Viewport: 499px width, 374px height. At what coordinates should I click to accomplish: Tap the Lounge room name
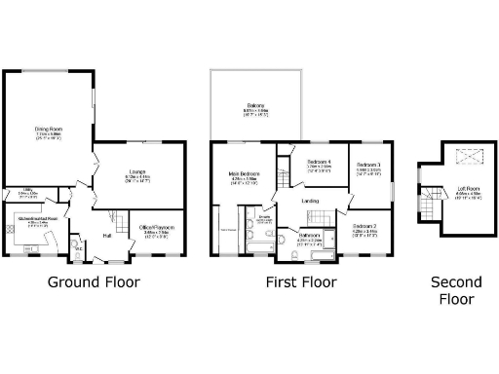135,172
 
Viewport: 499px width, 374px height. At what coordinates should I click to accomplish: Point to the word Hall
106,236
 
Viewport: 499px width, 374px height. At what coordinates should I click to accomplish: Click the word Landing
311,202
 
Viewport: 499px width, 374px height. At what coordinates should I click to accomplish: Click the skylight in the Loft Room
458,154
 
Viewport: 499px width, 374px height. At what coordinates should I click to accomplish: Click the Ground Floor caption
94,282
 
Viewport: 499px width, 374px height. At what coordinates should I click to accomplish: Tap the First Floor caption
301,282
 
